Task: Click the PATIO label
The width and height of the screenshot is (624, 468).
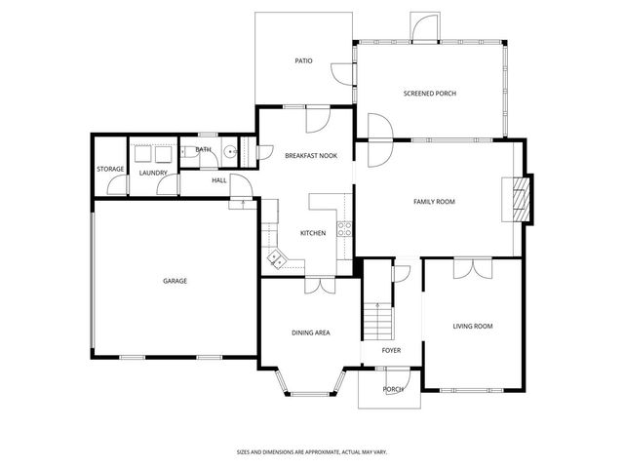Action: (303, 60)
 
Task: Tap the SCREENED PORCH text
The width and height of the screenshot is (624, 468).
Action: (430, 94)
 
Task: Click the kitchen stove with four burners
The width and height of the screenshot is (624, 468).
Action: (344, 229)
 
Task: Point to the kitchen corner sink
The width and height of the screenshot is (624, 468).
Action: (276, 259)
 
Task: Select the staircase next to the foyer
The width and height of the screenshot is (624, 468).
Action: (376, 317)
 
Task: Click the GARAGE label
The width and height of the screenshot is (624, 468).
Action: (175, 281)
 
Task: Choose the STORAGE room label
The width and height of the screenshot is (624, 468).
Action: (110, 170)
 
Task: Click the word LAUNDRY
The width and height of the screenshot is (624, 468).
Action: (153, 174)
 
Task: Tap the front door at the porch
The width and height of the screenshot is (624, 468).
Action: (393, 375)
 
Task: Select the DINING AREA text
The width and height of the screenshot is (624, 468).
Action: (310, 332)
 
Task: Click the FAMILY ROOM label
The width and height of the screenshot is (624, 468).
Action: (434, 202)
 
